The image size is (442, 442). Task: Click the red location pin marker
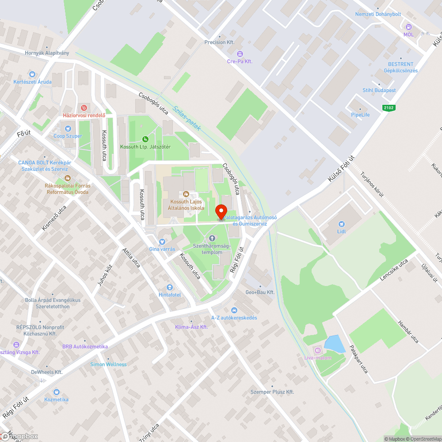click(x=221, y=212)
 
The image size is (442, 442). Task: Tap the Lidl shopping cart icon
click(x=341, y=224)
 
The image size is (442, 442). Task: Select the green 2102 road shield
click(x=389, y=107)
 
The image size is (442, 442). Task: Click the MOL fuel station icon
click(x=408, y=27)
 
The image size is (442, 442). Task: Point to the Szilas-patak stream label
click(x=186, y=118)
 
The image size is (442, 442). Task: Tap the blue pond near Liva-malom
click(x=335, y=344)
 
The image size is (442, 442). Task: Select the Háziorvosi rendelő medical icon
click(x=84, y=108)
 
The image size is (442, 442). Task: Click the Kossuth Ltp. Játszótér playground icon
click(x=145, y=140)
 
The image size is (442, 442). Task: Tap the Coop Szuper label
click(x=68, y=136)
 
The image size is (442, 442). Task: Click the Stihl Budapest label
click(x=379, y=90)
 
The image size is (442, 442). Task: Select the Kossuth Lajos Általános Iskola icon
click(x=186, y=194)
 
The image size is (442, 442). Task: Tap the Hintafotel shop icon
click(x=170, y=288)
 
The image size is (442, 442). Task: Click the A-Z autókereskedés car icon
click(x=234, y=310)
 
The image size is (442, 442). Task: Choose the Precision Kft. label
click(x=219, y=42)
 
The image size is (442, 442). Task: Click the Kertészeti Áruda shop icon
click(x=32, y=74)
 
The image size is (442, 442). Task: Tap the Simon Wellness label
click(x=108, y=364)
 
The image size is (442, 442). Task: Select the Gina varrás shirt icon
click(x=162, y=242)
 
